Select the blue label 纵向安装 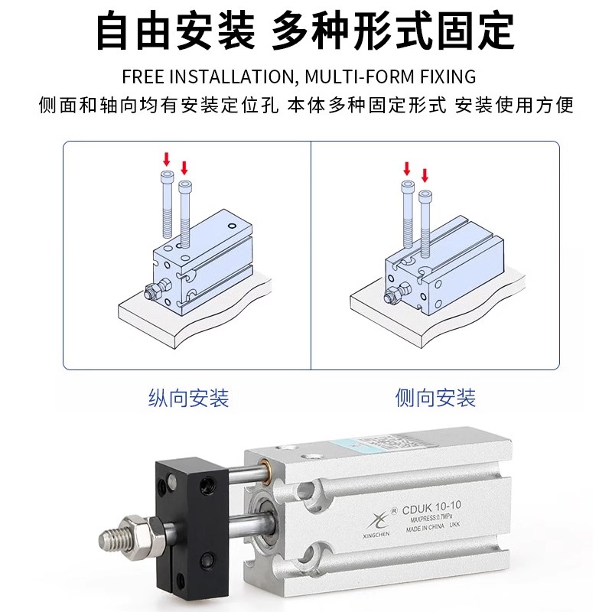coord(188,398)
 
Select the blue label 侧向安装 coord(435,398)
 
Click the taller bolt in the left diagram coord(168,205)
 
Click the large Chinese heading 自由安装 coord(174,32)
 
